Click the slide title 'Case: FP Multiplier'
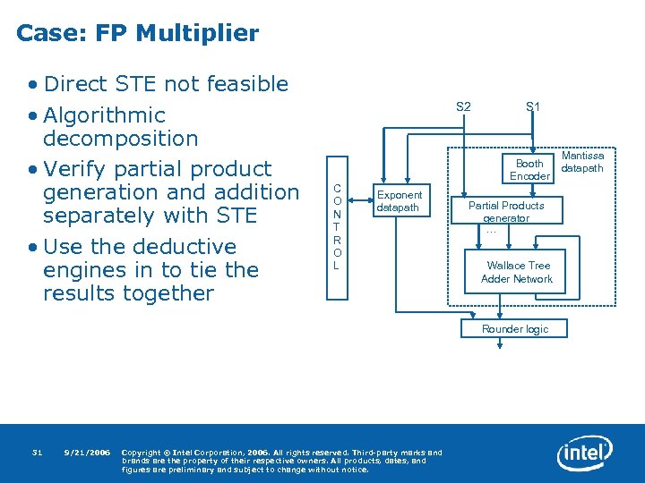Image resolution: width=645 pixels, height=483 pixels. point(137,34)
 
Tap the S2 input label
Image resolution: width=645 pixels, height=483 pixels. point(463,107)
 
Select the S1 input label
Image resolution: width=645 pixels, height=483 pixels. point(533,107)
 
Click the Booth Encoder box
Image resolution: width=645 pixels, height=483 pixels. point(529,170)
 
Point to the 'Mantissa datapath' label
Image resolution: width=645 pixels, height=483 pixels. point(583,162)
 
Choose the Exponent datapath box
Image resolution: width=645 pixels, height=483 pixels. point(399,201)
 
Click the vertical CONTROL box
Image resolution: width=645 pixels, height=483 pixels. point(337,226)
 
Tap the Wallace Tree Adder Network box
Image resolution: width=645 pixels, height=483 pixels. point(519,272)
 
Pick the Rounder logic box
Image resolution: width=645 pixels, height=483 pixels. point(515,329)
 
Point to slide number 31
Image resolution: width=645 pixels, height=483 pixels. point(37,452)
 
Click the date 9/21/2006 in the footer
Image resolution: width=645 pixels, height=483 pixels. point(88,452)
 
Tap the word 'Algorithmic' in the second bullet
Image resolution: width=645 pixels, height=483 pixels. point(104,115)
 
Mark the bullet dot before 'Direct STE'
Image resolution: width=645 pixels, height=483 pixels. point(32,85)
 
